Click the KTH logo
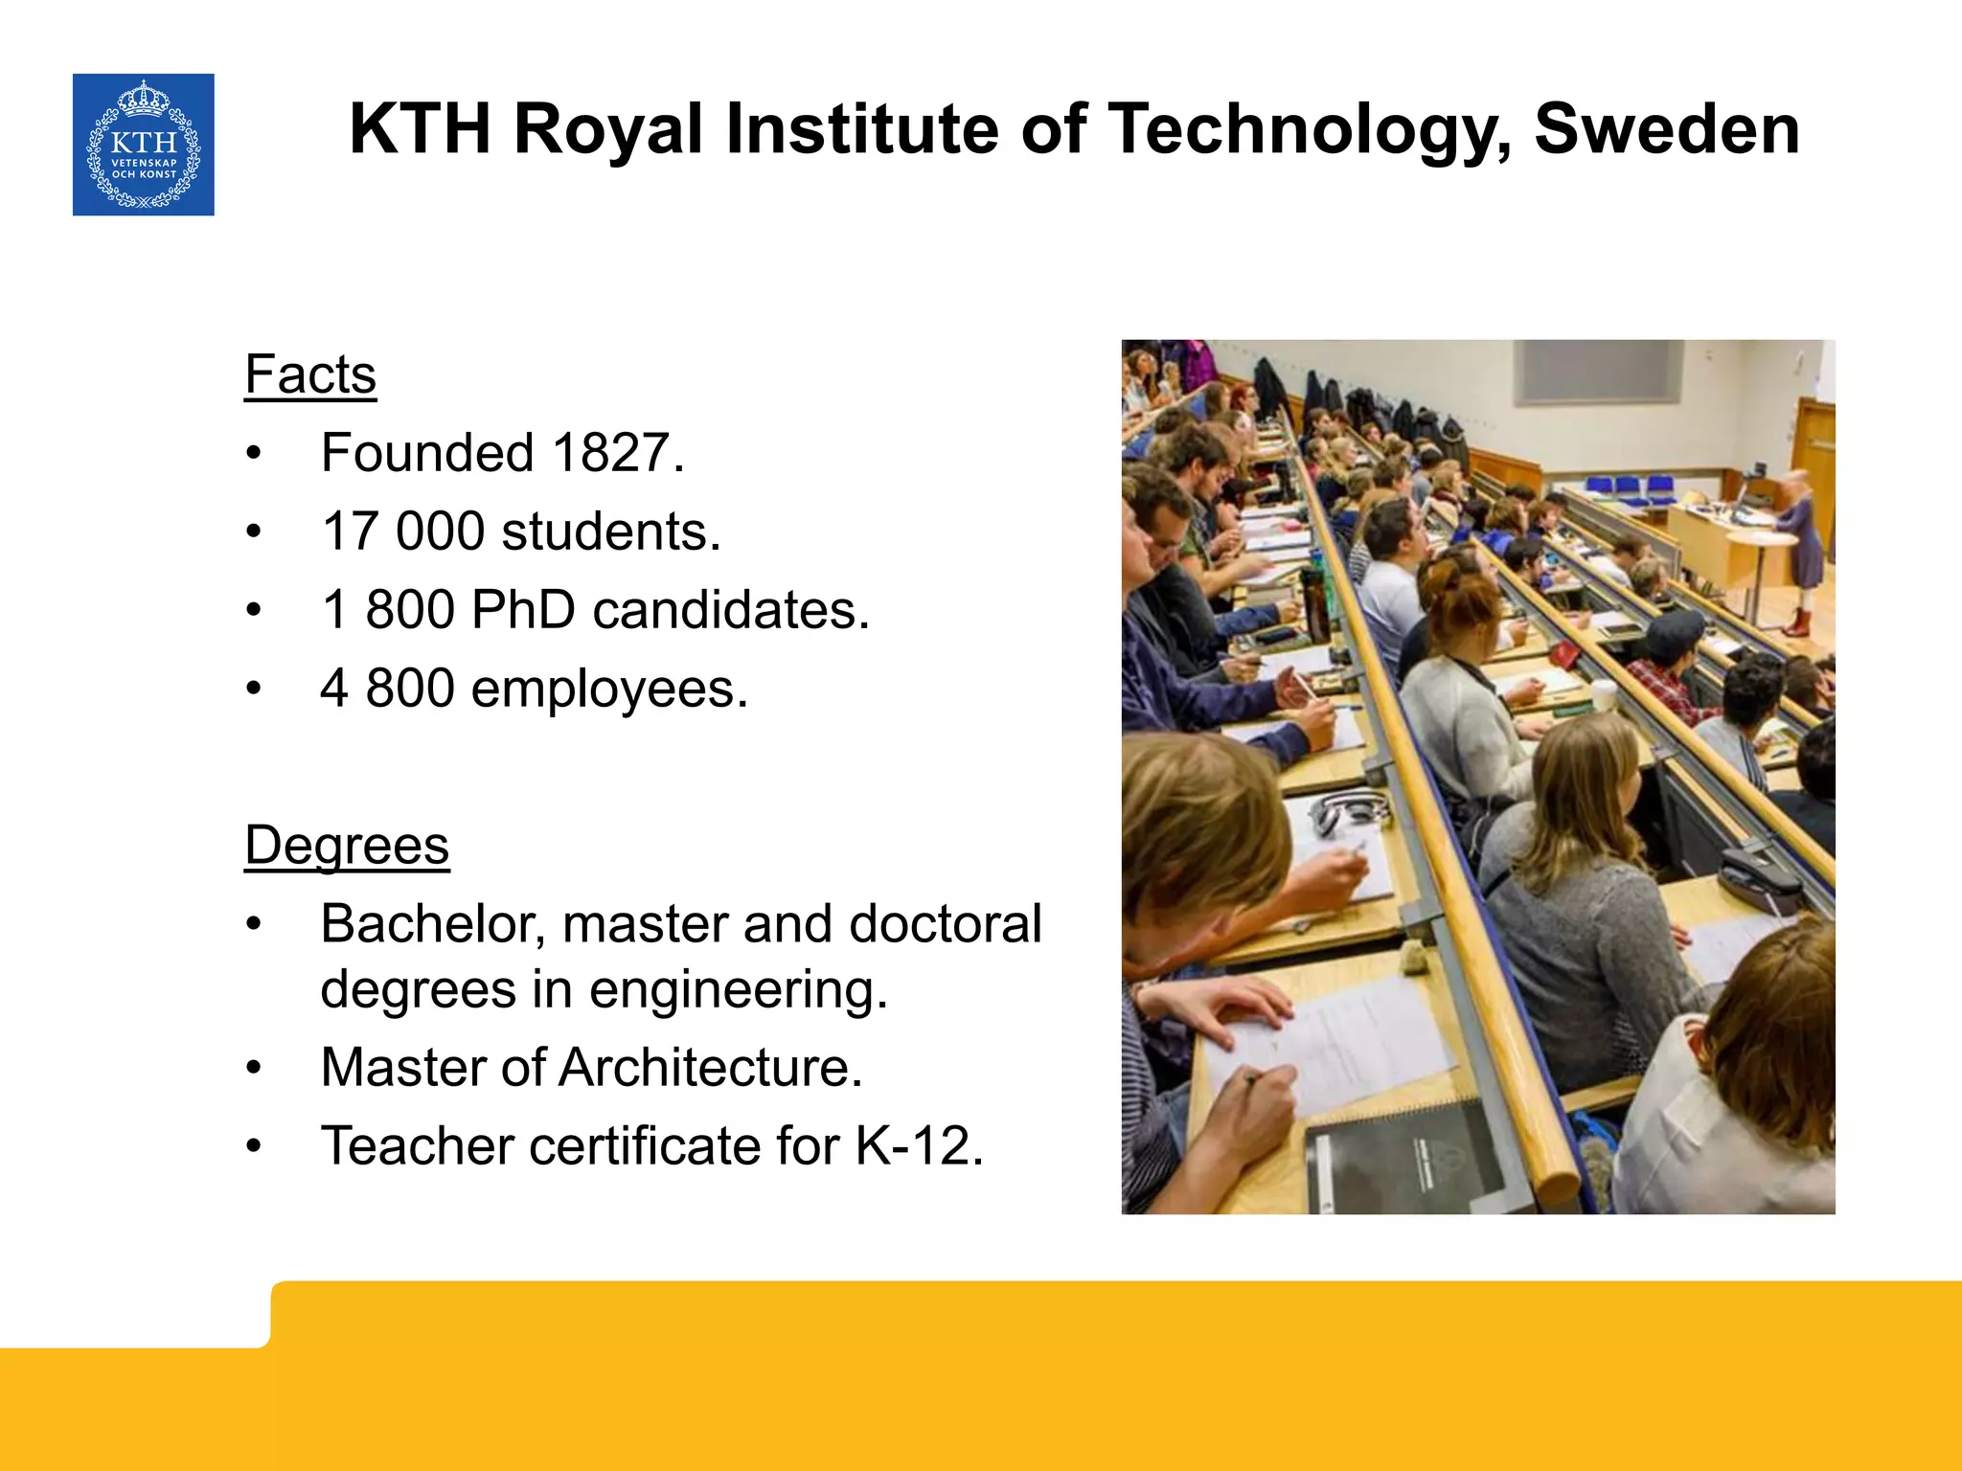point(144,145)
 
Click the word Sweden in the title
point(1667,129)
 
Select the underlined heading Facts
point(310,374)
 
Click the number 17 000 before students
point(402,532)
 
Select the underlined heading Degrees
point(347,846)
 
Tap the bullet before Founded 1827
point(253,454)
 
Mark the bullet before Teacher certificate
point(253,1147)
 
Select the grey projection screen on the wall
point(1597,373)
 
